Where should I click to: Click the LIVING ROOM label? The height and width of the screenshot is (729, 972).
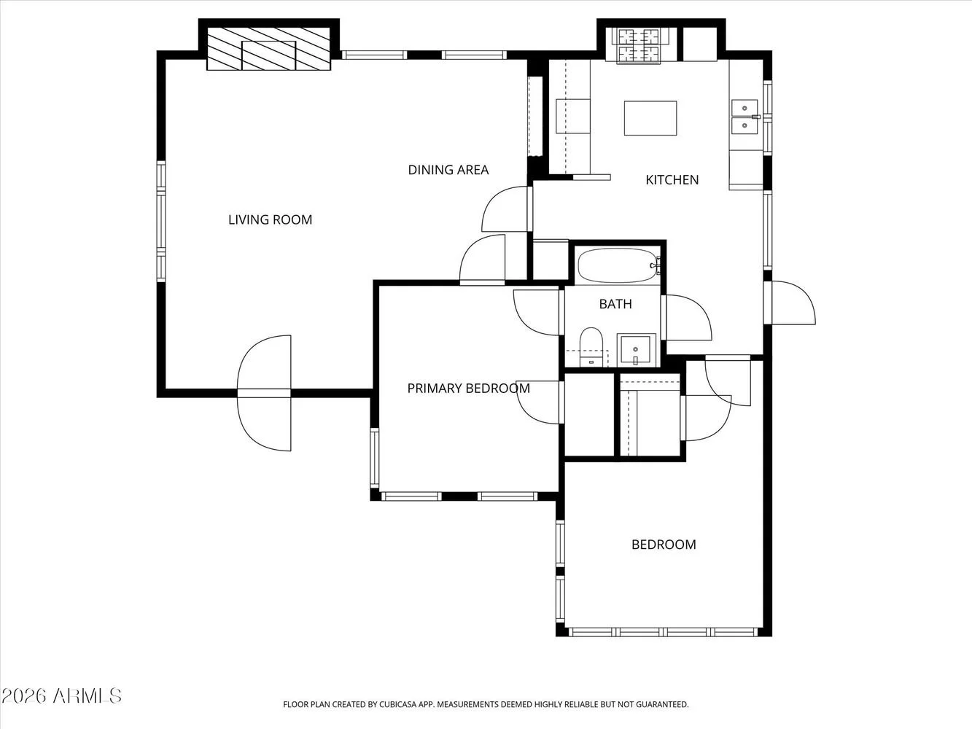(270, 219)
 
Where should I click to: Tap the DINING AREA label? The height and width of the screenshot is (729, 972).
(448, 170)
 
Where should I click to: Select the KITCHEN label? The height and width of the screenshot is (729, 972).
(672, 180)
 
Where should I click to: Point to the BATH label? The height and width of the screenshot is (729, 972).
(615, 304)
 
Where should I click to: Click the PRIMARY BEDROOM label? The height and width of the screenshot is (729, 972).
(469, 388)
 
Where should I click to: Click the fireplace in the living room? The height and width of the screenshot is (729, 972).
(269, 49)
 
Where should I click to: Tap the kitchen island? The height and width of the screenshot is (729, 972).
(650, 118)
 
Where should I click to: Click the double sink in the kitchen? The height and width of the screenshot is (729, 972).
(744, 117)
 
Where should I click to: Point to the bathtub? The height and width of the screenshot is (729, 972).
(618, 265)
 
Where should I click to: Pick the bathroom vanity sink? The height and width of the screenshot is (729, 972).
(637, 350)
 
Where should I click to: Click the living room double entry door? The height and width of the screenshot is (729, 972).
(264, 393)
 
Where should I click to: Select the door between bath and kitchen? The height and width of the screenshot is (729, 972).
(686, 317)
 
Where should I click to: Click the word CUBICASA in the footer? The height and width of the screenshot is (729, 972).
(397, 705)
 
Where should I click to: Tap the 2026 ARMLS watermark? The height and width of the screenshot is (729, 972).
(61, 696)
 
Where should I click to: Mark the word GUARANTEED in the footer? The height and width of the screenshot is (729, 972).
(662, 705)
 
